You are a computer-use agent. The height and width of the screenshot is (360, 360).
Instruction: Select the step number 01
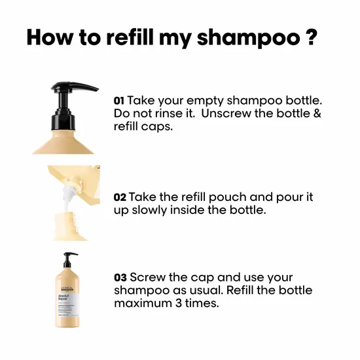[119, 101]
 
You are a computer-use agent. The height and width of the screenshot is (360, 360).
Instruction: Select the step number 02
[120, 197]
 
